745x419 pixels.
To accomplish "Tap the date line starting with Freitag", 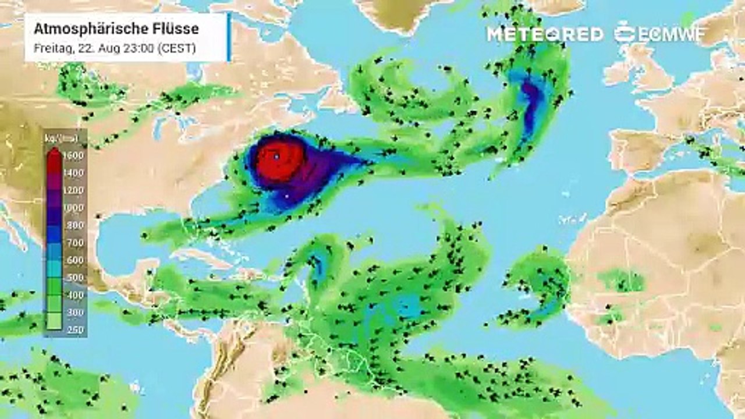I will (x=115, y=48).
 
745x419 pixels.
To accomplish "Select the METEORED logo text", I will (x=545, y=34).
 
